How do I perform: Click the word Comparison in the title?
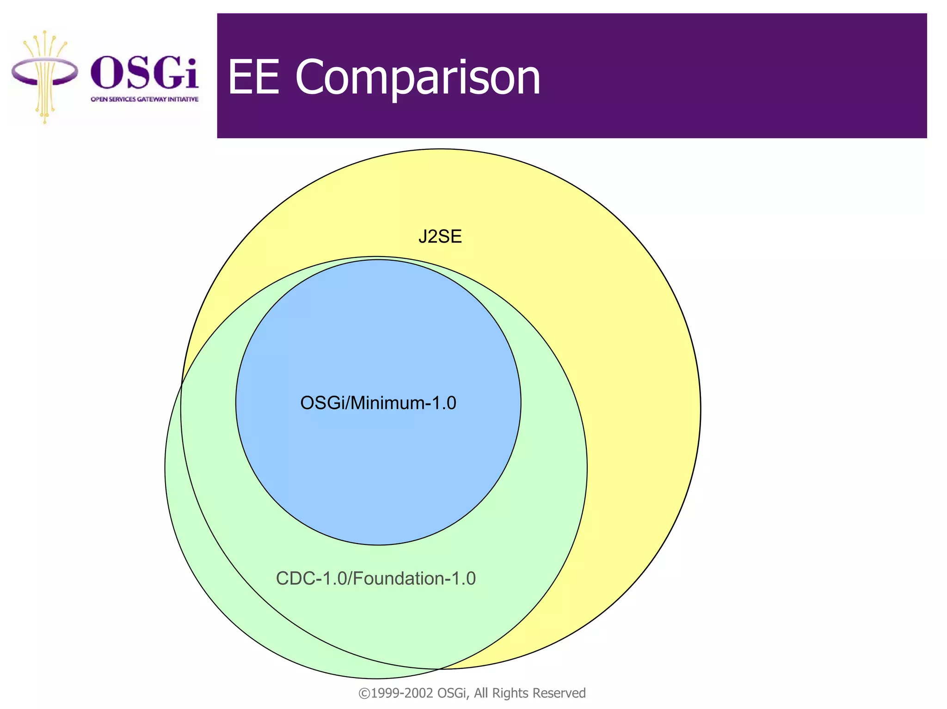(x=418, y=78)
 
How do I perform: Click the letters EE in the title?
(x=254, y=78)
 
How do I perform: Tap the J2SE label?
(x=440, y=237)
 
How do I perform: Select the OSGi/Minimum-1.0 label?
(x=378, y=403)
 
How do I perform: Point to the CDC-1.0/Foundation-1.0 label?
(x=375, y=579)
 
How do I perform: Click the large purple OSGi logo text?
(x=144, y=73)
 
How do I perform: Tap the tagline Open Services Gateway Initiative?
(x=144, y=99)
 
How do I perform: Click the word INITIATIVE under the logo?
(x=183, y=99)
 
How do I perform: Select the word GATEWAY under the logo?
(x=152, y=99)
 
